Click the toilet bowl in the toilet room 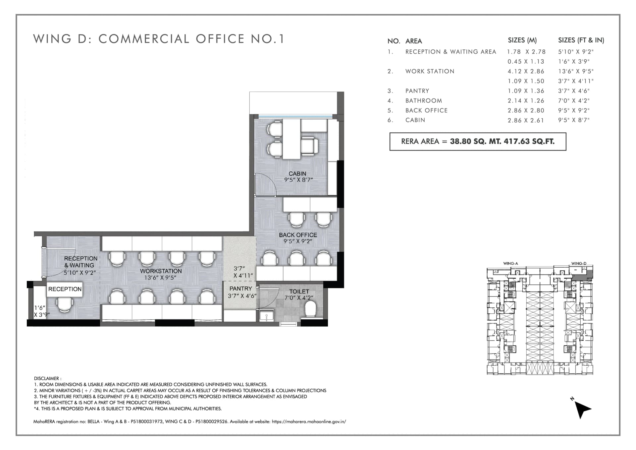(x=310, y=309)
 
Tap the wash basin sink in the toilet (x=266, y=315)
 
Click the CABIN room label (x=297, y=173)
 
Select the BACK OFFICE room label (x=298, y=235)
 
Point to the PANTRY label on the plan (x=241, y=289)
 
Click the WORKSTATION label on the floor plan (x=161, y=271)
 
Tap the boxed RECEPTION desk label (x=65, y=289)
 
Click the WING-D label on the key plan (x=579, y=264)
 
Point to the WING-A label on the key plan (x=510, y=264)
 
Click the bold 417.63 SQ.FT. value (x=529, y=141)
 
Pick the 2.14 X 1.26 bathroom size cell (x=526, y=100)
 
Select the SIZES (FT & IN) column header (x=581, y=40)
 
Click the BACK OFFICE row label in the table (x=426, y=110)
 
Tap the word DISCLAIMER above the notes (x=47, y=378)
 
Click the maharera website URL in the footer (x=309, y=422)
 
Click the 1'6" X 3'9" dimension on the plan (x=42, y=311)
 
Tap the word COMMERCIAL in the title (x=144, y=39)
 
